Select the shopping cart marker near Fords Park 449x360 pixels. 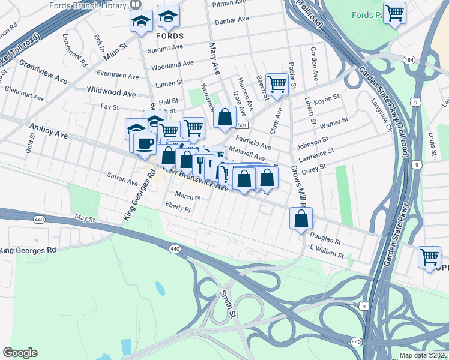pos(394,13)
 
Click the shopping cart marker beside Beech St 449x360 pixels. pos(277,84)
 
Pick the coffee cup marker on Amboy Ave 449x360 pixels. pos(144,143)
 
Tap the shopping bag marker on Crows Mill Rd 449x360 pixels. pos(301,220)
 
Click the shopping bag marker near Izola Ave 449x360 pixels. pos(224,118)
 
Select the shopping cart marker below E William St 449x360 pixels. pos(430,257)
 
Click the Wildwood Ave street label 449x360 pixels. pos(112,94)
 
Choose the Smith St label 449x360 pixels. pos(227,303)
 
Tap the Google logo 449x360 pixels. pos(20,353)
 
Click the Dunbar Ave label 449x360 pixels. pos(231,20)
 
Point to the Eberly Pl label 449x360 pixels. pos(178,207)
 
